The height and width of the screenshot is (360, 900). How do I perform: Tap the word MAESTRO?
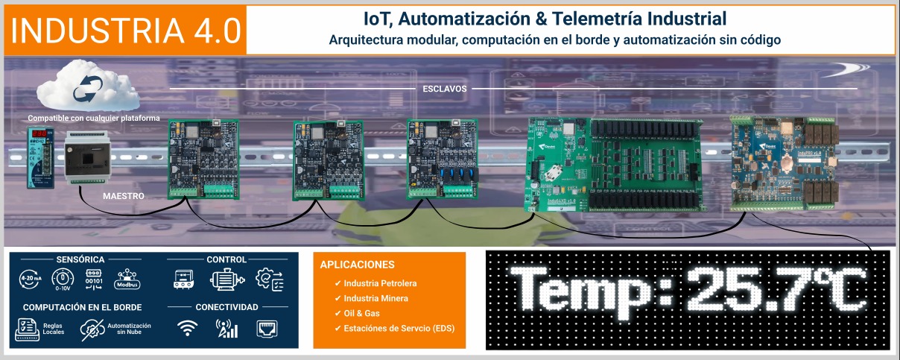pyautogui.click(x=123, y=196)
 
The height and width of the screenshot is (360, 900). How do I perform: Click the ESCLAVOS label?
pyautogui.click(x=444, y=88)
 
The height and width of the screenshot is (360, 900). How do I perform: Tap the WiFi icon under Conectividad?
pyautogui.click(x=188, y=328)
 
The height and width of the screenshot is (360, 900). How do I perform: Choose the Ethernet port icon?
pyautogui.click(x=266, y=328)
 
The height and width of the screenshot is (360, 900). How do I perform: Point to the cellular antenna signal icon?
pyautogui.click(x=226, y=328)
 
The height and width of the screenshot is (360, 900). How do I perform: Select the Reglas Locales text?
pyautogui.click(x=53, y=329)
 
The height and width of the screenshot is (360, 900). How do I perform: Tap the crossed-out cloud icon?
pyautogui.click(x=91, y=329)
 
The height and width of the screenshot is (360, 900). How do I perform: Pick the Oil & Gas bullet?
pyautogui.click(x=361, y=314)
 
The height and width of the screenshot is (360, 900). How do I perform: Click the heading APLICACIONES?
pyautogui.click(x=357, y=265)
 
